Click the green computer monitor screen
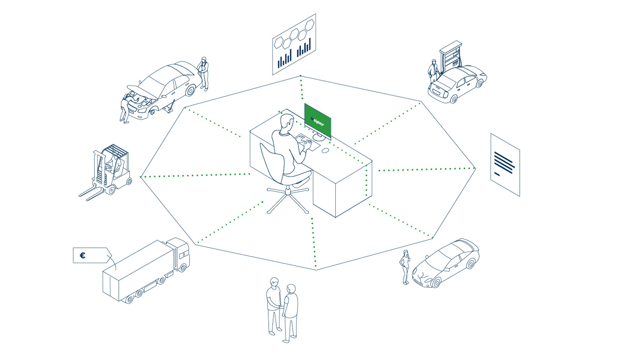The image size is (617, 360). coord(318,121)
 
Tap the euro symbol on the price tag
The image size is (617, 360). coord(82,256)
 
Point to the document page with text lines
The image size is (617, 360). coord(505,165)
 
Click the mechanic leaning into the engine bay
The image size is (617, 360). coord(128,106)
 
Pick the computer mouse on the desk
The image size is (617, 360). coord(325,150)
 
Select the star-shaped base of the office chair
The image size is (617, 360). coord(288,199)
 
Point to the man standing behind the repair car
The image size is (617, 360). coord(204,73)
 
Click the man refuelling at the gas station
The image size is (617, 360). coord(433,72)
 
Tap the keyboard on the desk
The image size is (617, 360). coord(307,142)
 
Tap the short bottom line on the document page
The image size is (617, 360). coord(497,173)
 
